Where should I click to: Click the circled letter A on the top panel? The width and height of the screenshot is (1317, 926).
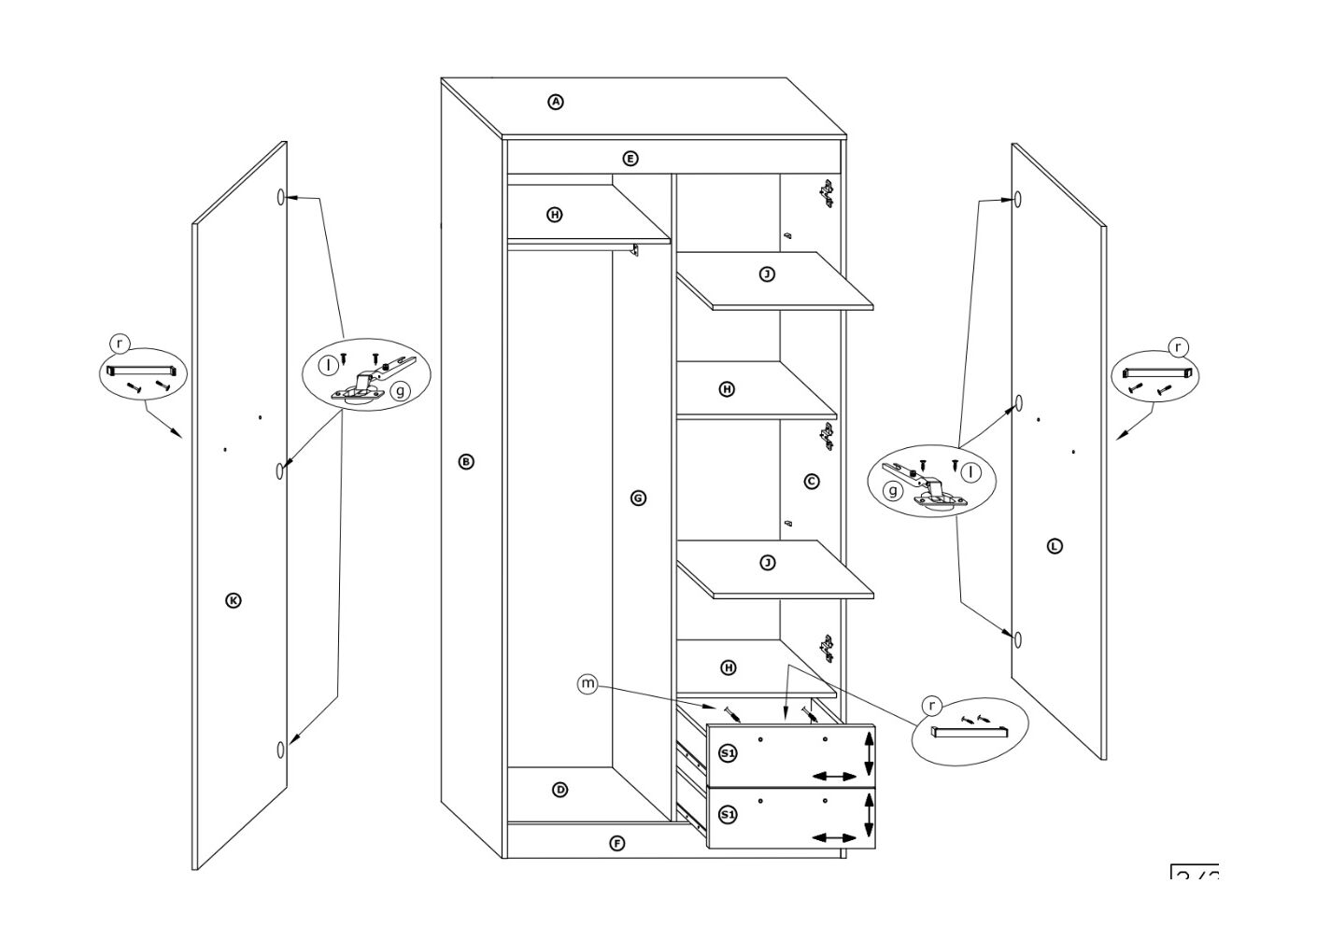(556, 102)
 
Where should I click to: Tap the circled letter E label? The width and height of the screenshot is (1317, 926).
(630, 159)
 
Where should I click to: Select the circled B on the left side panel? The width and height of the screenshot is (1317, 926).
(466, 461)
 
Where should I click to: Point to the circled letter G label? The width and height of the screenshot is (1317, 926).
(638, 498)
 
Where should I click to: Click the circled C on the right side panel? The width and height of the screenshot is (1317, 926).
(812, 481)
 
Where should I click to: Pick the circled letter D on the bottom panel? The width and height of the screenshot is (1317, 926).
(559, 790)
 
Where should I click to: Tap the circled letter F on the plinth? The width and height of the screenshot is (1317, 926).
(616, 844)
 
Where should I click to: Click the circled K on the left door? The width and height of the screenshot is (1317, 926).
(234, 600)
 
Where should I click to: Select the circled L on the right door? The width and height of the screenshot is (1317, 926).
(1055, 546)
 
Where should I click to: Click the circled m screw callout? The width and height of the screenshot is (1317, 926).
(587, 684)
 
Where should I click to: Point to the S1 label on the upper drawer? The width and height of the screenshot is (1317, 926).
(728, 752)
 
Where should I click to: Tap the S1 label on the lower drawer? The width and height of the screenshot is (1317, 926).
(728, 815)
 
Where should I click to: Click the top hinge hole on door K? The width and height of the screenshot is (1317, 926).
(280, 198)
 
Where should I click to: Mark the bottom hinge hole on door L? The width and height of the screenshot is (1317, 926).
(1017, 639)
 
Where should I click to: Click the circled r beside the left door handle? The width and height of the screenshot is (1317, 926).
(118, 344)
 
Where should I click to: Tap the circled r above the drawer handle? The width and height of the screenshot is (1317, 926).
(931, 706)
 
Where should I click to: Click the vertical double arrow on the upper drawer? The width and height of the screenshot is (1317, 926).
(869, 752)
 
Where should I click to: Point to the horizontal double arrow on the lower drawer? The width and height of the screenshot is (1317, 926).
(834, 838)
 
